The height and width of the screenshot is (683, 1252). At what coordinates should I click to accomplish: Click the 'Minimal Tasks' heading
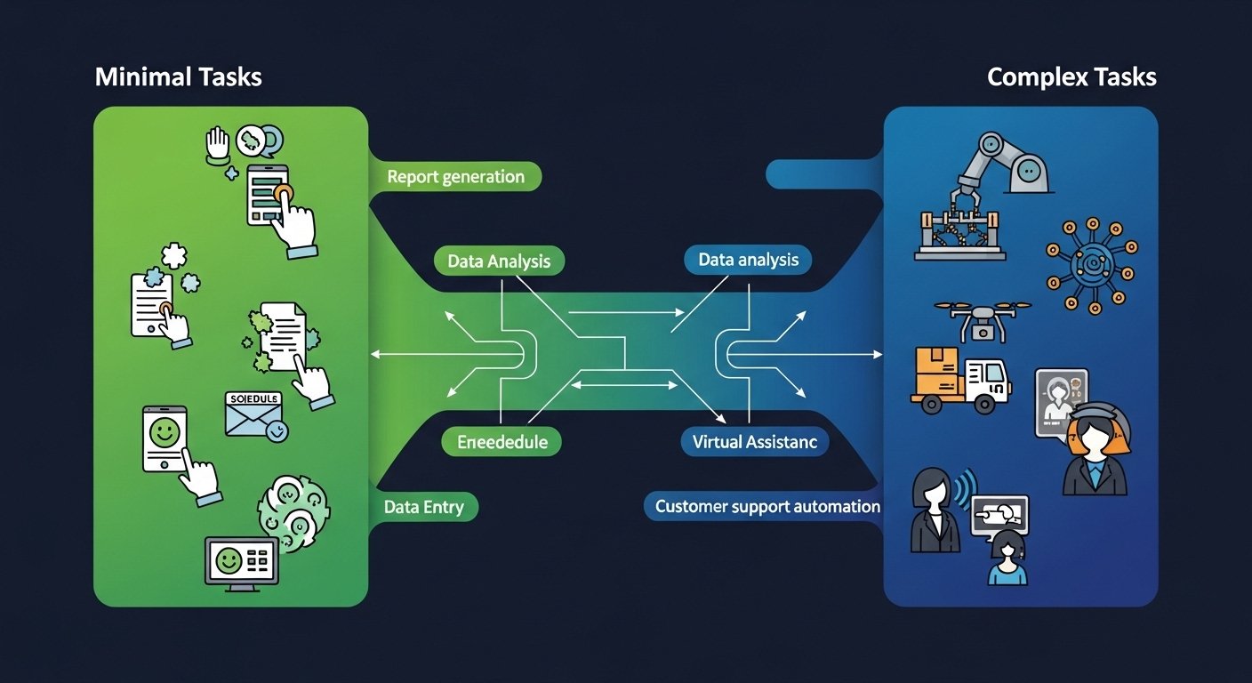(x=178, y=77)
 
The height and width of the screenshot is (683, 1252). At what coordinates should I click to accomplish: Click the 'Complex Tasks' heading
(x=1071, y=77)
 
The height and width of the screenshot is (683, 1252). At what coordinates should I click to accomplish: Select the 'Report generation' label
(x=456, y=177)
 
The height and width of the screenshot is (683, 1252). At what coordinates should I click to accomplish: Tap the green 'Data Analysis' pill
(x=499, y=261)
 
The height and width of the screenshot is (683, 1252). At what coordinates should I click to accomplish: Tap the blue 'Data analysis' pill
(x=748, y=261)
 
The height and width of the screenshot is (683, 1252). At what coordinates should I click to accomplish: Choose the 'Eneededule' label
(x=502, y=441)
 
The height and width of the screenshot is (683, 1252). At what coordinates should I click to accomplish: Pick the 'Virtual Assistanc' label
(x=755, y=441)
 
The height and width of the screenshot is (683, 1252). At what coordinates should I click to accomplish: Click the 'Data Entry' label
(x=424, y=507)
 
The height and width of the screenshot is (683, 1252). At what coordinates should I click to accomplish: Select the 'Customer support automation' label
(x=766, y=507)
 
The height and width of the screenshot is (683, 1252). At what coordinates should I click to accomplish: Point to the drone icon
(x=983, y=318)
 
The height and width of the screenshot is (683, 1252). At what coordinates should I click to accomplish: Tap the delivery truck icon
(x=962, y=380)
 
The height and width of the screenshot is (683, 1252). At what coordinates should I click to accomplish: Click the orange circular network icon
(x=1090, y=265)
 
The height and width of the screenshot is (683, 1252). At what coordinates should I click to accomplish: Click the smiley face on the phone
(x=163, y=434)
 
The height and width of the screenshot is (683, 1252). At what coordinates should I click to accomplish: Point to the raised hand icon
(x=218, y=144)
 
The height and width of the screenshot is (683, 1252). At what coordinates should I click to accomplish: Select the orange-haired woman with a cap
(x=1095, y=450)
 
